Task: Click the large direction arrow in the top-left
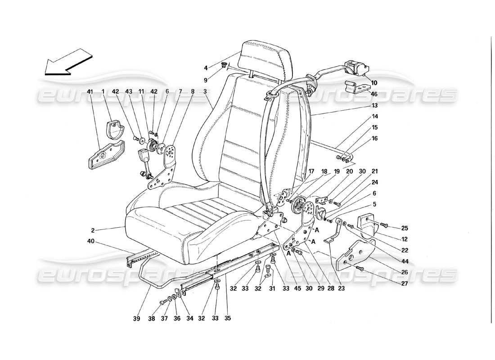(67, 62)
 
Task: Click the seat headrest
(265, 56)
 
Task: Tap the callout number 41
(90, 92)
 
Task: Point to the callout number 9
(206, 80)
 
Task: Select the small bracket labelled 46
(353, 87)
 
